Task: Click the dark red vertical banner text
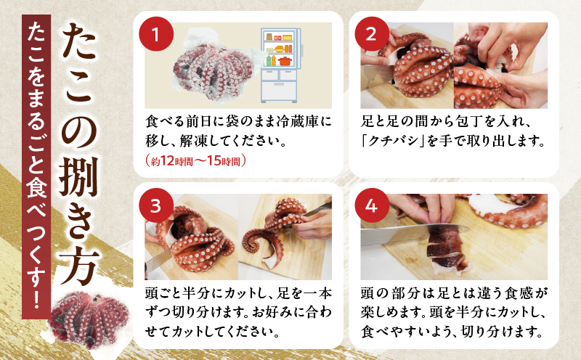[33, 174]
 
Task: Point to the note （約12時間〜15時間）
[197, 161]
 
